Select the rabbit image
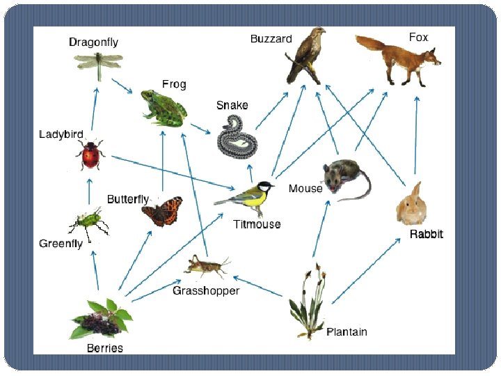[x=411, y=204]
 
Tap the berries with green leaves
[x=103, y=318]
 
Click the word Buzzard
[x=271, y=39]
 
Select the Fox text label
[x=418, y=37]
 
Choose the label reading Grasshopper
[x=206, y=290]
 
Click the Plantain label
[x=347, y=331]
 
